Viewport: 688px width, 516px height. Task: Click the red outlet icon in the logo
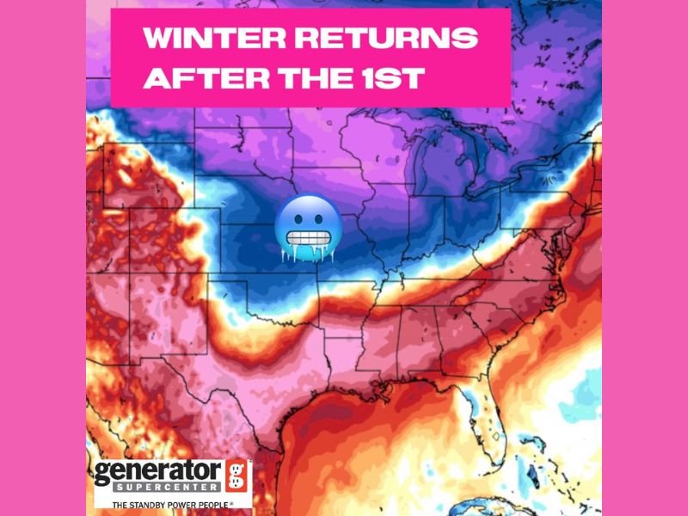(x=236, y=476)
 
